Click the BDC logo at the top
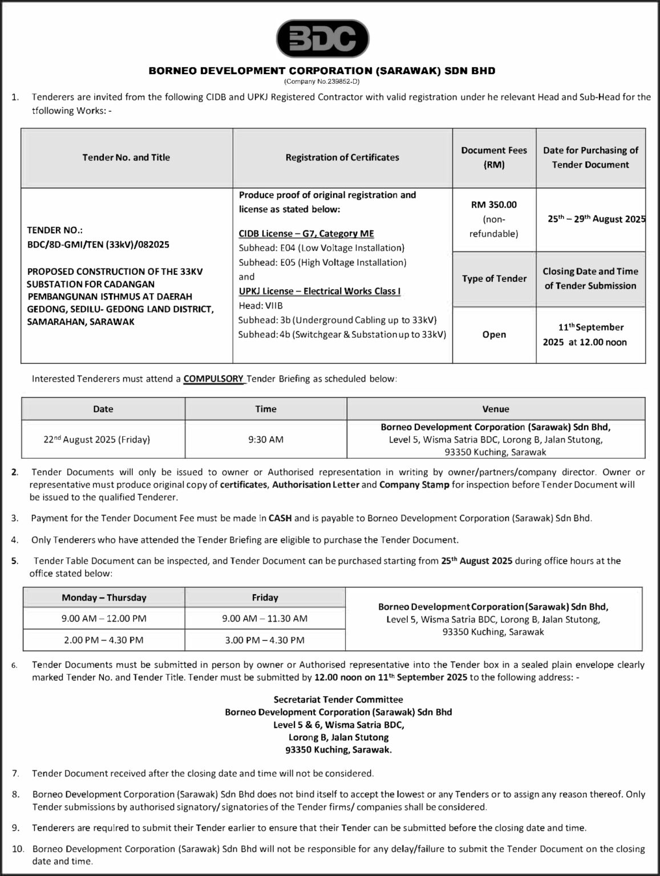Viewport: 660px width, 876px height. pyautogui.click(x=322, y=38)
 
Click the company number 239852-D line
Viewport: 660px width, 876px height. pyautogui.click(x=322, y=82)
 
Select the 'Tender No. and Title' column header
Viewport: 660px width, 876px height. pyautogui.click(x=126, y=157)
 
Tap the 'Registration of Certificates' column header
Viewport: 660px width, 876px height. pyautogui.click(x=342, y=157)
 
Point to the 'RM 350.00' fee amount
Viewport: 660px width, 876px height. pyautogui.click(x=494, y=205)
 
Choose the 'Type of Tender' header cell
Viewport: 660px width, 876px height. pyautogui.click(x=494, y=278)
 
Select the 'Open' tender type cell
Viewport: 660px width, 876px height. pyautogui.click(x=494, y=334)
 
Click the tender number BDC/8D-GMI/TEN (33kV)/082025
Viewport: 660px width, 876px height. pyautogui.click(x=98, y=245)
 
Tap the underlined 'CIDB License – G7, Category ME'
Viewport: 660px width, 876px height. pyautogui.click(x=306, y=233)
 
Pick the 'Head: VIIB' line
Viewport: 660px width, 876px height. pyautogui.click(x=261, y=306)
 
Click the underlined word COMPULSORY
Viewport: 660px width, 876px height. pyautogui.click(x=213, y=378)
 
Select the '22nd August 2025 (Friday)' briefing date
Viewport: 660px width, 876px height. pyautogui.click(x=97, y=440)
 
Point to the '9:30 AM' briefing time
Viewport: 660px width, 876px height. pyautogui.click(x=266, y=440)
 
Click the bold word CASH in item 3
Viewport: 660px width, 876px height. pyautogui.click(x=280, y=518)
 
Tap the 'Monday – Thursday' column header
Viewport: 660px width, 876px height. pyautogui.click(x=104, y=598)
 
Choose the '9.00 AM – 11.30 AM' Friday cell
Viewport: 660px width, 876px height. pyautogui.click(x=265, y=618)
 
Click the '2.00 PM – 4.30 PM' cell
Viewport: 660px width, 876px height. pyautogui.click(x=104, y=640)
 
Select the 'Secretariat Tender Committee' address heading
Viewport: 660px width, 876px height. pyautogui.click(x=338, y=699)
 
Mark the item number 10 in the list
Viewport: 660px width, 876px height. pyautogui.click(x=18, y=849)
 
